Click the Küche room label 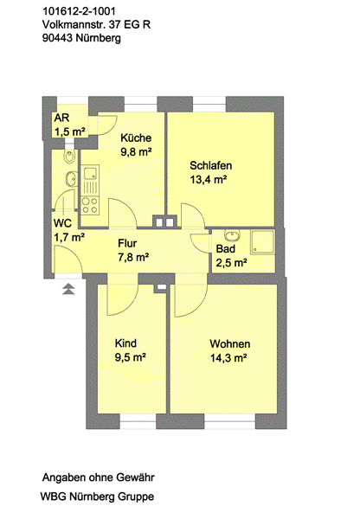pyautogui.click(x=136, y=138)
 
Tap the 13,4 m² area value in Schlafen pyautogui.click(x=209, y=180)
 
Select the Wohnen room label pyautogui.click(x=230, y=344)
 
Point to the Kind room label pyautogui.click(x=125, y=343)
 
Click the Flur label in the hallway pyautogui.click(x=127, y=243)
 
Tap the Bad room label pyautogui.click(x=226, y=248)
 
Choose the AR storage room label pyautogui.click(x=61, y=118)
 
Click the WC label pyautogui.click(x=62, y=223)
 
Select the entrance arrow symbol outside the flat pyautogui.click(x=68, y=289)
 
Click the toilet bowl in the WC pyautogui.click(x=69, y=157)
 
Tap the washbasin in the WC pyautogui.click(x=72, y=179)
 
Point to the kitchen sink pyautogui.click(x=90, y=173)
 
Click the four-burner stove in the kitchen pyautogui.click(x=90, y=205)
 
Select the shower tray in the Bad pyautogui.click(x=262, y=242)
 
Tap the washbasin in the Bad pyautogui.click(x=232, y=235)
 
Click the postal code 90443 pyautogui.click(x=58, y=38)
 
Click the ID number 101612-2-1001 pyautogui.click(x=79, y=11)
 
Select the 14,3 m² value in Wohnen pyautogui.click(x=228, y=358)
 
